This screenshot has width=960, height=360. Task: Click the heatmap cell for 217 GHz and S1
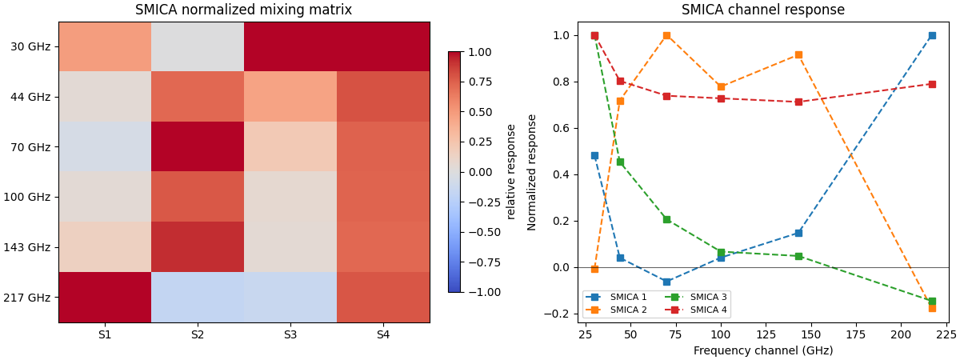[105, 297]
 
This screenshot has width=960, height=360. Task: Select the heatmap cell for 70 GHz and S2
[198, 146]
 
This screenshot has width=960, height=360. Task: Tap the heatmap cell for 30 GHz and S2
[198, 46]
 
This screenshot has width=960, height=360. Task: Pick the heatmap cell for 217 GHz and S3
[290, 297]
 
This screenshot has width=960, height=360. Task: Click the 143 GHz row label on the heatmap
[30, 247]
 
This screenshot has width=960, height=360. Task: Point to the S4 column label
[383, 335]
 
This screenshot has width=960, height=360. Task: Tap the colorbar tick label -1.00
[479, 292]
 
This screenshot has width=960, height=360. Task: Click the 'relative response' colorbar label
[511, 171]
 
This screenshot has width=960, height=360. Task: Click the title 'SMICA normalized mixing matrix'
[243, 10]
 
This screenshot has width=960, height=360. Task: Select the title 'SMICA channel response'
[762, 10]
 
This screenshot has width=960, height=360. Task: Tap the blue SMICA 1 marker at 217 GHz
[932, 36]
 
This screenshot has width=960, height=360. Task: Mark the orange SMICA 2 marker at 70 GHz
[666, 36]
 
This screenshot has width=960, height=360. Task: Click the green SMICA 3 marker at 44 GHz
[620, 162]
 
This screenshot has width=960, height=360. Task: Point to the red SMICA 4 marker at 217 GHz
[932, 84]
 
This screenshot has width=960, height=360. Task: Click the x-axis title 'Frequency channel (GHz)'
[762, 350]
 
